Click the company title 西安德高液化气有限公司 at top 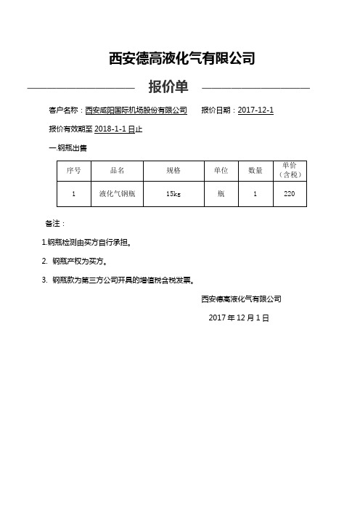181,59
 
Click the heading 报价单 168,88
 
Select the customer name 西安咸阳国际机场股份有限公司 136,110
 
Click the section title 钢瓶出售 70,147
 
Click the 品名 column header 117,170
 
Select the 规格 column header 173,170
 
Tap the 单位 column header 221,170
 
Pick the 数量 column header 255,170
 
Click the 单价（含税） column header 289,170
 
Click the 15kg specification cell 173,194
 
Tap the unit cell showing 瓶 221,194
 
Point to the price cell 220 289,194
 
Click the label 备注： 55,223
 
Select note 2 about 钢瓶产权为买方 80,260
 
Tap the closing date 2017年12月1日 239,318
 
